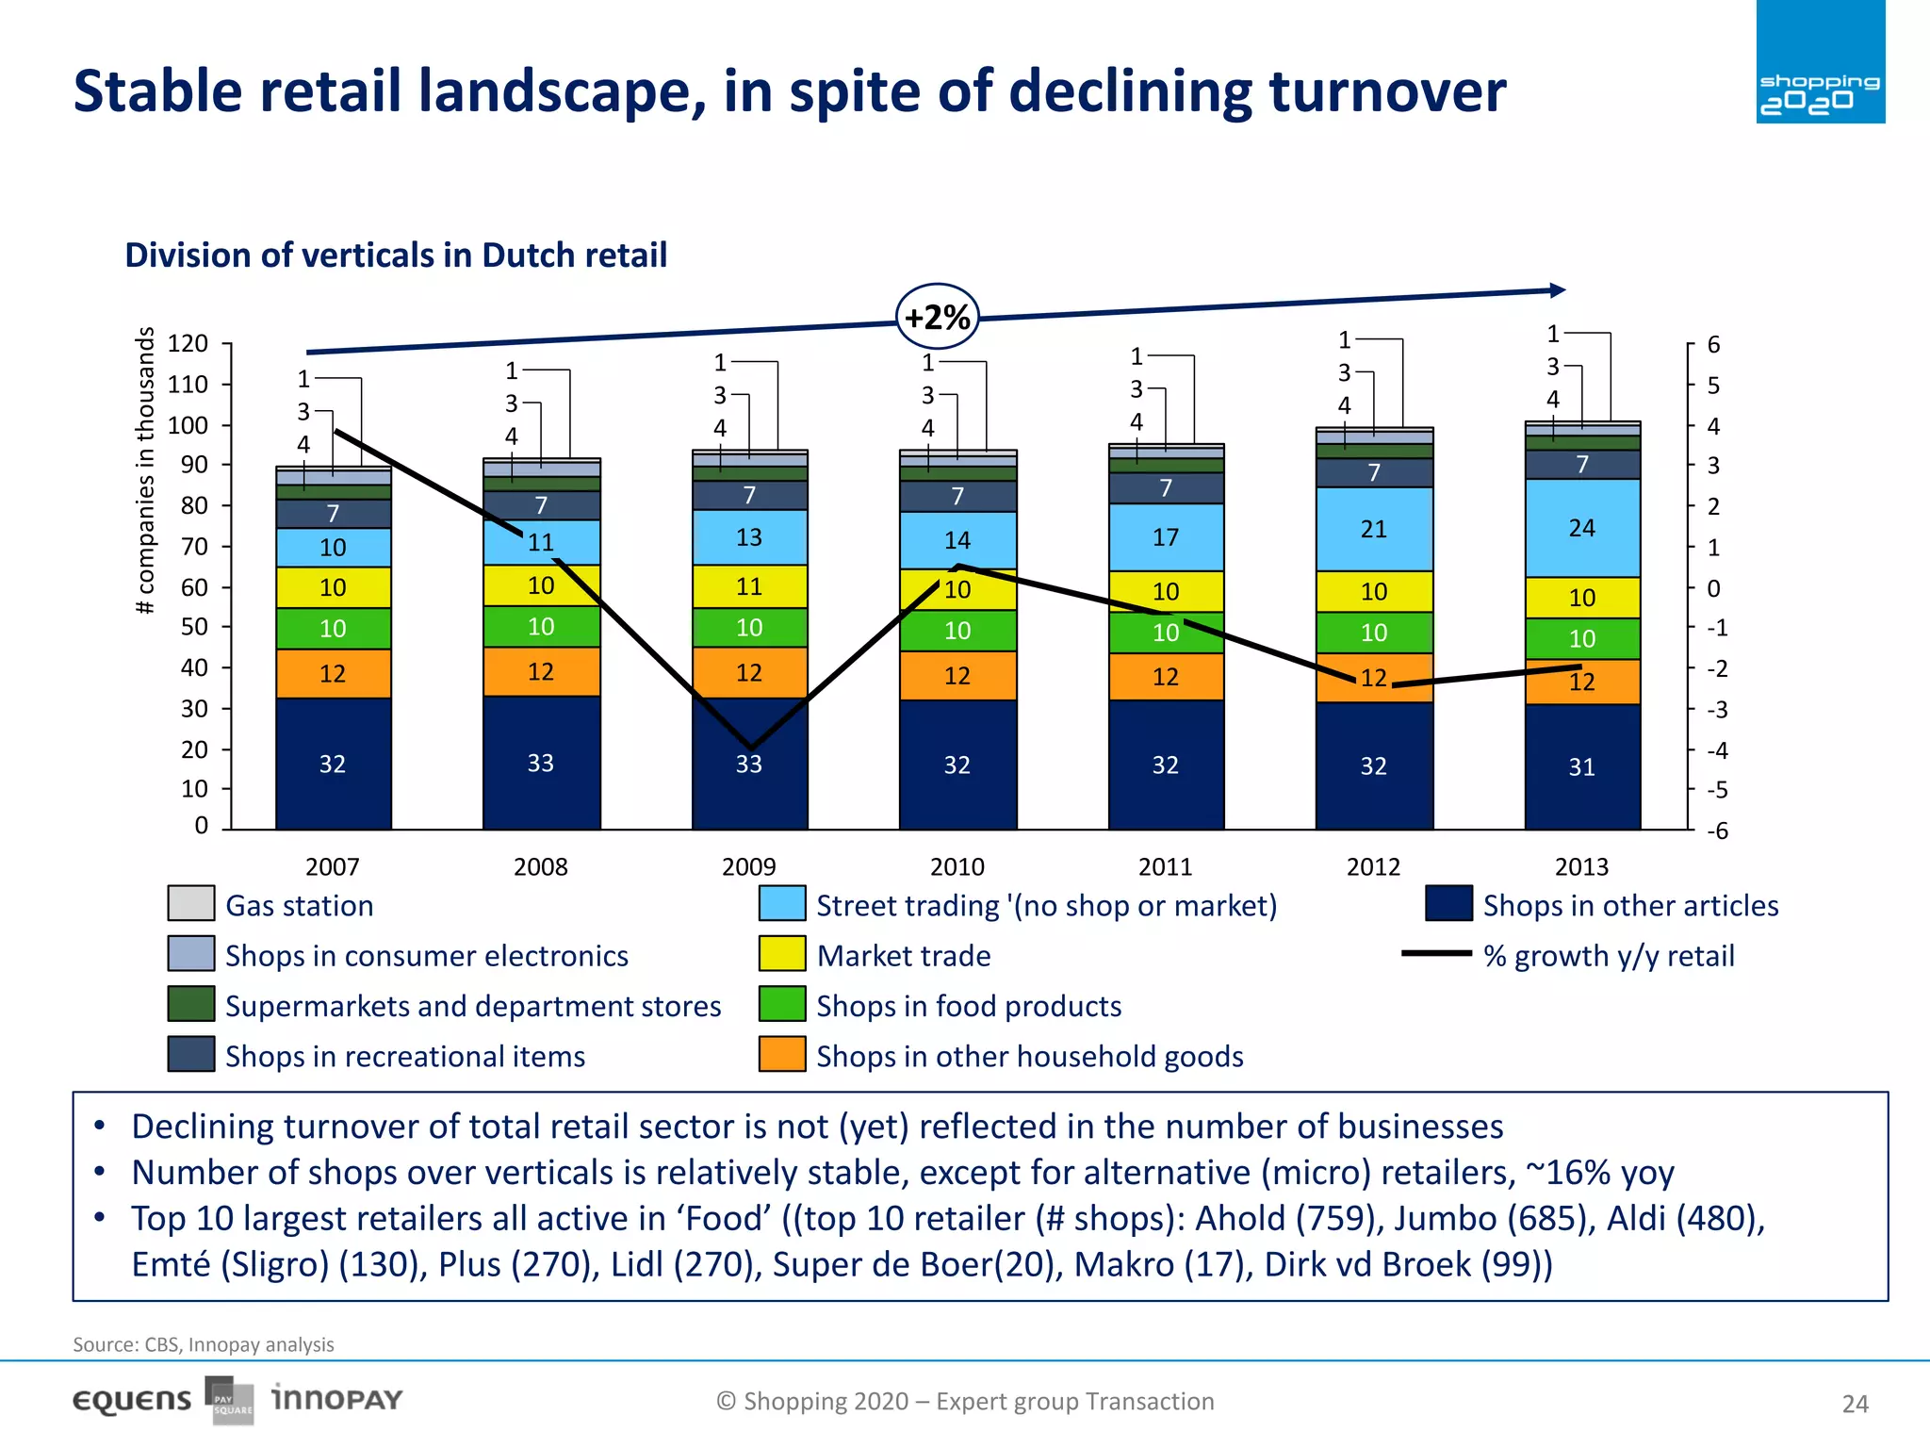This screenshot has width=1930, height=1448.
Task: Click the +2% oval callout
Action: coord(937,318)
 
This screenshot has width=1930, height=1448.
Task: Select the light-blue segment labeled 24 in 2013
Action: coord(1582,528)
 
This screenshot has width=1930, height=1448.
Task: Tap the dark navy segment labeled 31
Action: coord(1582,767)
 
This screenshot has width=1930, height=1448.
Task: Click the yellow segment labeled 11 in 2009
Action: coord(749,586)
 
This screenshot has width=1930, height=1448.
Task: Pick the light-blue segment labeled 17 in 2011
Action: coord(1166,537)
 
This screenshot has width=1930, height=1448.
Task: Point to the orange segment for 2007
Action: coord(333,673)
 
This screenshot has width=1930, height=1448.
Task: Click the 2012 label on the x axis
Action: coord(1373,866)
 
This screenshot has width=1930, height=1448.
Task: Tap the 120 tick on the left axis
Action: coord(188,343)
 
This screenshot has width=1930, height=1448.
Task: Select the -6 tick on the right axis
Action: coord(1717,831)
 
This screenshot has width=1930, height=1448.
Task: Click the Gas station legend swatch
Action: coord(191,903)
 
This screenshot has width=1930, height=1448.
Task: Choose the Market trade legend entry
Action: coord(903,955)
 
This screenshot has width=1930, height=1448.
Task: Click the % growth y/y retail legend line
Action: coord(1436,953)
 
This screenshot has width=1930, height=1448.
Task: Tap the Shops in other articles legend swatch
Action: coord(1448,903)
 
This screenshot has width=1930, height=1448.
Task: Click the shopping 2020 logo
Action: coord(1820,62)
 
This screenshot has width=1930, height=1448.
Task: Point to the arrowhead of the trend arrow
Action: coord(1558,290)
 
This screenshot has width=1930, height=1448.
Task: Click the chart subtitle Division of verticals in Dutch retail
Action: coord(396,255)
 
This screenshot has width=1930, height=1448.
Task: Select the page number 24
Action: coord(1855,1404)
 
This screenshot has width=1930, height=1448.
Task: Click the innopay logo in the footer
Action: coord(336,1398)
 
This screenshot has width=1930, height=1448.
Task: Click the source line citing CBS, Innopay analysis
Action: coord(204,1344)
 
